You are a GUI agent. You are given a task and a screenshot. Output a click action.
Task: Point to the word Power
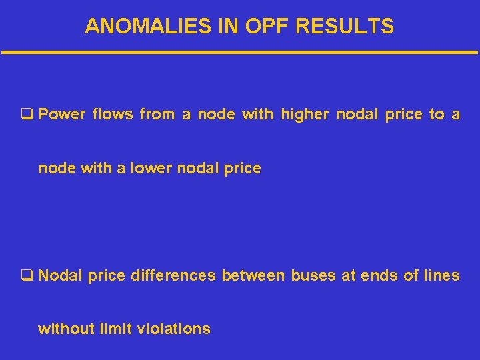click(x=62, y=115)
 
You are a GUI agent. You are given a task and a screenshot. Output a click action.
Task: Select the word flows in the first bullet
click(x=113, y=115)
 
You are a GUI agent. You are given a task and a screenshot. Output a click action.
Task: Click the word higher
click(x=305, y=115)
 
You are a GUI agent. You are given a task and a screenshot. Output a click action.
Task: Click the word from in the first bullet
click(x=157, y=115)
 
